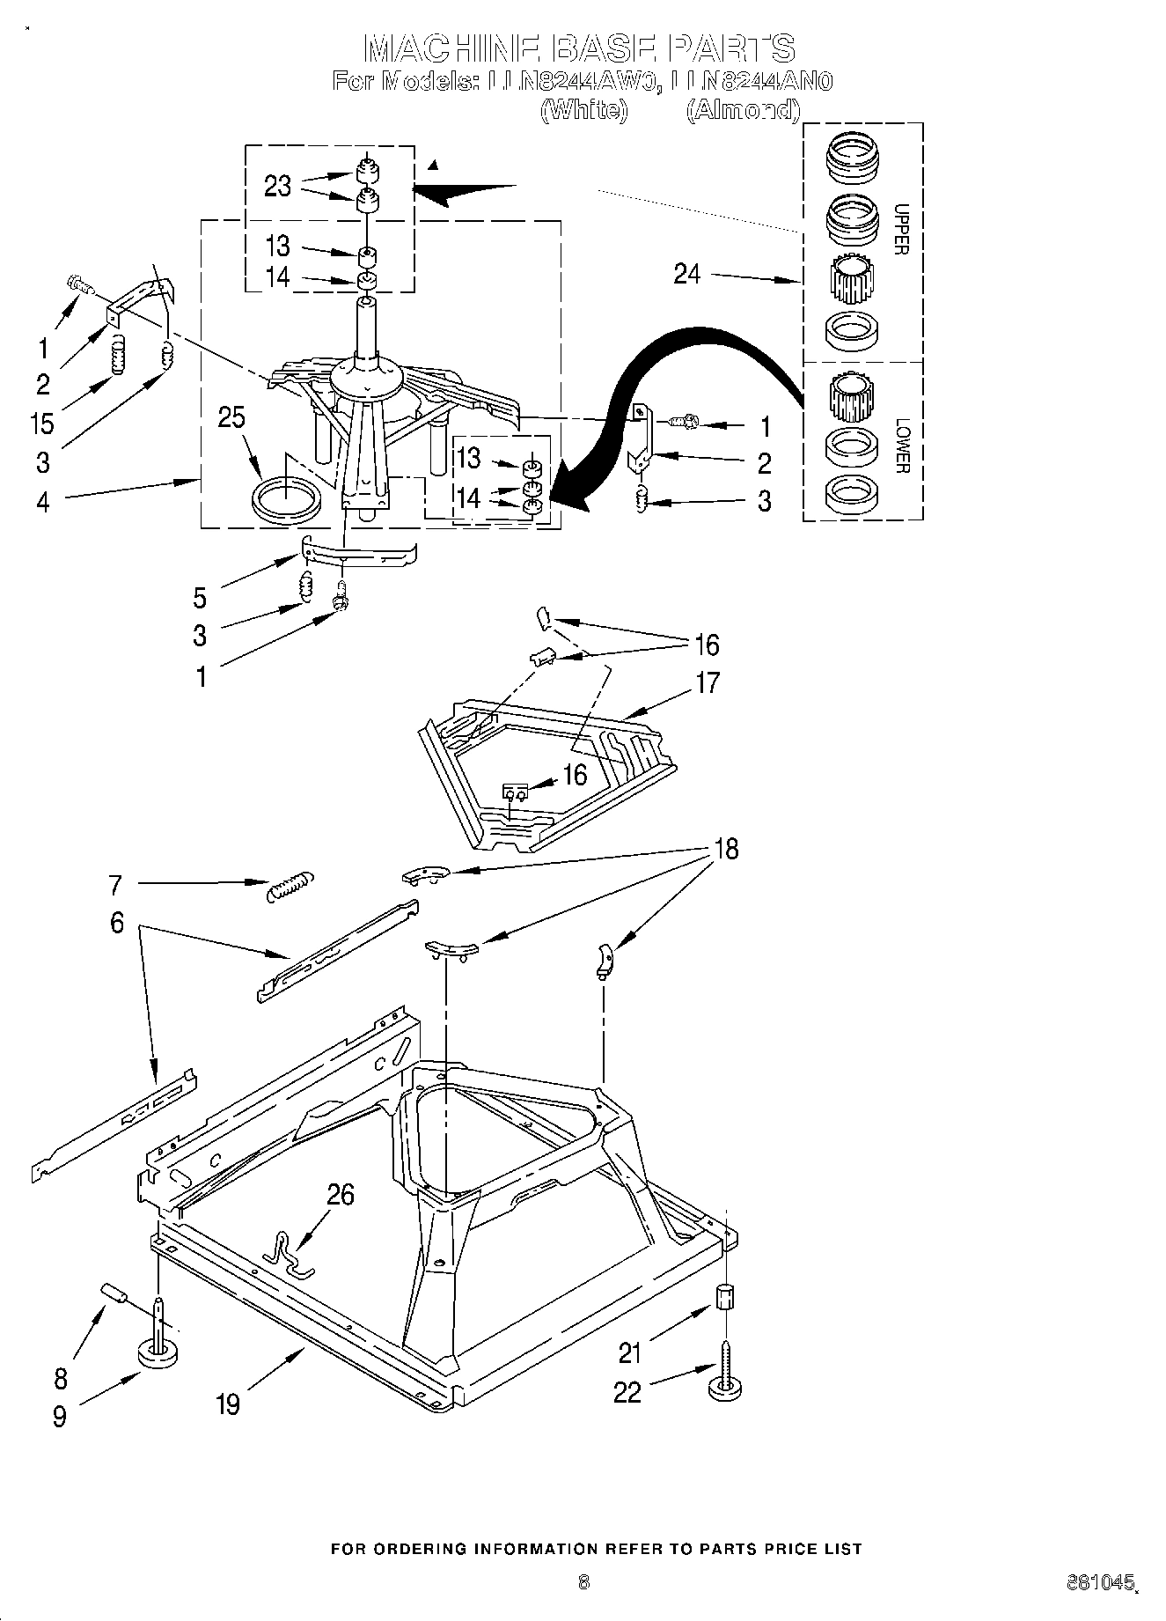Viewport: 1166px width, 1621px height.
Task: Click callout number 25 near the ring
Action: pyautogui.click(x=231, y=417)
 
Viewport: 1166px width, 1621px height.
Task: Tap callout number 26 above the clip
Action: pyautogui.click(x=341, y=1194)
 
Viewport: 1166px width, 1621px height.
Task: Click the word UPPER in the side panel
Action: pyautogui.click(x=900, y=229)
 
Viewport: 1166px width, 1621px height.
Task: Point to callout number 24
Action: pyautogui.click(x=686, y=274)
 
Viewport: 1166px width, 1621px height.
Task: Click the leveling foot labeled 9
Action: pyautogui.click(x=155, y=1352)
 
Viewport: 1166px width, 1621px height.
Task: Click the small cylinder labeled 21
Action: pyautogui.click(x=724, y=1297)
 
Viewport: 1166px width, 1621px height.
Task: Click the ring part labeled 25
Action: pyautogui.click(x=285, y=501)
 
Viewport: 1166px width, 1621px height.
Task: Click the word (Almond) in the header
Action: pyautogui.click(x=744, y=110)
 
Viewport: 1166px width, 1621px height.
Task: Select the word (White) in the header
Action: pyautogui.click(x=583, y=110)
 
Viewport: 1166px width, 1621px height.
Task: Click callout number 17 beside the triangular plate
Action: pyautogui.click(x=708, y=682)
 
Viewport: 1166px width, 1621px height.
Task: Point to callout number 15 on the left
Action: pyautogui.click(x=41, y=423)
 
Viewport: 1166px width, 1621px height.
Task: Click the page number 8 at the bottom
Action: pyautogui.click(x=583, y=1582)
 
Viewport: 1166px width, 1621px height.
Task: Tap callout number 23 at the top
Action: pyautogui.click(x=277, y=186)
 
